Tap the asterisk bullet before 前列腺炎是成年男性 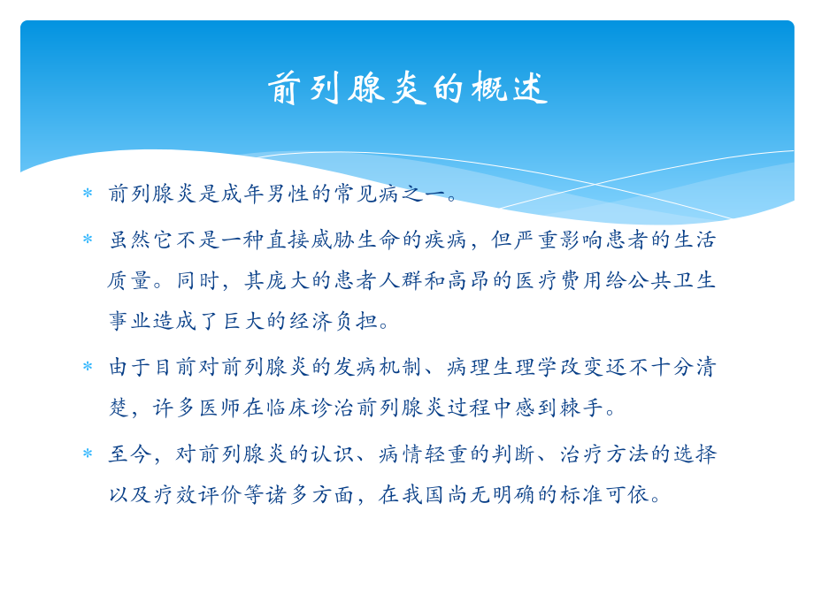click(88, 194)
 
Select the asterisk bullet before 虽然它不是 click(88, 239)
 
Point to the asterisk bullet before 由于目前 click(88, 366)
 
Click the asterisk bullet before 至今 click(88, 454)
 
